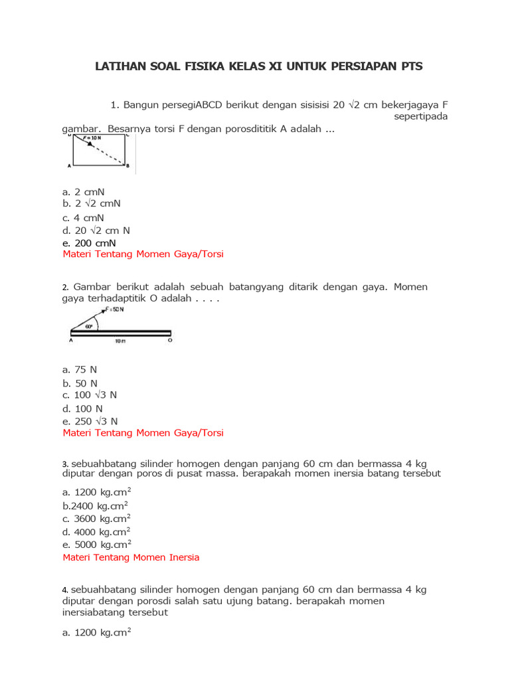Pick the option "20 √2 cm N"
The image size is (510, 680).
96,230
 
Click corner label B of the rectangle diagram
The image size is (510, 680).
127,165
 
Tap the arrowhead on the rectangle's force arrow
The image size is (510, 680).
90,143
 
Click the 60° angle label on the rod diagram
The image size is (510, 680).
89,327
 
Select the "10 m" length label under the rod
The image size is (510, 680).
120,341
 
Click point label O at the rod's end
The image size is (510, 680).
170,341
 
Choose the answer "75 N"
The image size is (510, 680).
80,369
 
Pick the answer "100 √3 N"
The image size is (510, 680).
90,395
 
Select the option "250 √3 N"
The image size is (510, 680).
90,421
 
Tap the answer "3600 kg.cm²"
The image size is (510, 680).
96,519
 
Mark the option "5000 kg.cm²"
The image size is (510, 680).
96,545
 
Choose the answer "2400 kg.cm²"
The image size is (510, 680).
95,505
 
